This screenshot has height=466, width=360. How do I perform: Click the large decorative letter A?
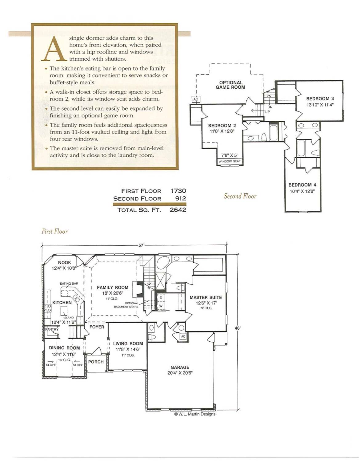click(x=54, y=48)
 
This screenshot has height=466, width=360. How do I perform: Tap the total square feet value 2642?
click(x=178, y=210)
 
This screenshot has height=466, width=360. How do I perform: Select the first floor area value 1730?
click(x=178, y=191)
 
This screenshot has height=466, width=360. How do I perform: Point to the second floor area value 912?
click(x=181, y=198)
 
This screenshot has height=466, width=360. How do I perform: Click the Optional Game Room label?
click(x=230, y=85)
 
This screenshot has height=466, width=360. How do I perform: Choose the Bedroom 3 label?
click(x=320, y=98)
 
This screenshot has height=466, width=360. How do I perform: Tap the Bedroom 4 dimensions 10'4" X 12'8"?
click(x=302, y=191)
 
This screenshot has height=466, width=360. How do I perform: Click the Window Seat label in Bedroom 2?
click(x=230, y=161)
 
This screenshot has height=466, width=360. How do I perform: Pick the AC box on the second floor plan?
click(x=196, y=99)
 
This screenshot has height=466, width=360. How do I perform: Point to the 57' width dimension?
click(x=141, y=245)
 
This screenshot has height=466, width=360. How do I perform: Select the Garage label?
click(x=180, y=368)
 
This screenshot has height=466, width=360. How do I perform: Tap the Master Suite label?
click(x=206, y=297)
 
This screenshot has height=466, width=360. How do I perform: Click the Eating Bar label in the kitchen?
click(x=69, y=283)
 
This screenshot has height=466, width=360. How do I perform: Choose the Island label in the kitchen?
click(x=68, y=317)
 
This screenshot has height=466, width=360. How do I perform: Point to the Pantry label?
click(x=52, y=329)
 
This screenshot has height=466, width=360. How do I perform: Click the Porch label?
click(x=96, y=362)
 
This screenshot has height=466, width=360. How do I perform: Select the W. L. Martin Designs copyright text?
click(x=195, y=414)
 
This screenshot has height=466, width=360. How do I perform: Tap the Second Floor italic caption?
click(x=240, y=196)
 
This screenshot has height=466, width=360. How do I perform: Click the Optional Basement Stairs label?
click(x=126, y=305)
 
